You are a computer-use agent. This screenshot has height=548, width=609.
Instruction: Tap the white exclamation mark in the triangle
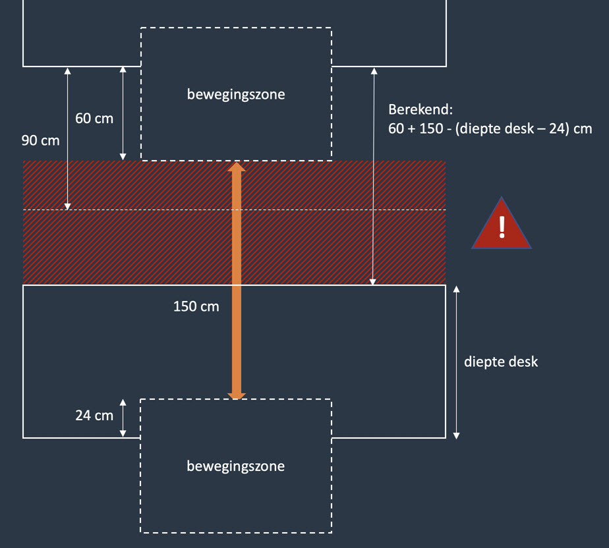tap(502, 227)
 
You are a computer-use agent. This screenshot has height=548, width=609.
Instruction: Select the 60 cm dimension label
tap(94, 119)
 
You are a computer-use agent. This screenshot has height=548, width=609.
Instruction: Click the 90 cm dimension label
tap(40, 140)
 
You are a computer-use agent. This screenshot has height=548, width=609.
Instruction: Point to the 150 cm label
tap(196, 306)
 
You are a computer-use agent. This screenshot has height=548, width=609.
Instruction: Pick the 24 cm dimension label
tap(94, 416)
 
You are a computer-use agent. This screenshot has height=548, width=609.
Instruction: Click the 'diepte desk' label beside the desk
tap(501, 362)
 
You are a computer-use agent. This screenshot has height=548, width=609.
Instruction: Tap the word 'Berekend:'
tap(420, 109)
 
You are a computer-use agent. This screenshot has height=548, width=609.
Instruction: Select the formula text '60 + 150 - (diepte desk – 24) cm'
tap(490, 128)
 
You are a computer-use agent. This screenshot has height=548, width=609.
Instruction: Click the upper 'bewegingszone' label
tap(236, 94)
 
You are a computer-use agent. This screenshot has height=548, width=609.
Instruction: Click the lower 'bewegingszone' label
tap(236, 466)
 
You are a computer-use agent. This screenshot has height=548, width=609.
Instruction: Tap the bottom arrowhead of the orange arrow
tap(237, 395)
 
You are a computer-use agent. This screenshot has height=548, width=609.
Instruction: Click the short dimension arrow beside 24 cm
tap(123, 418)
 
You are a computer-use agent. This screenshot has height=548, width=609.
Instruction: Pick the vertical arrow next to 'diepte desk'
tap(457, 362)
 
